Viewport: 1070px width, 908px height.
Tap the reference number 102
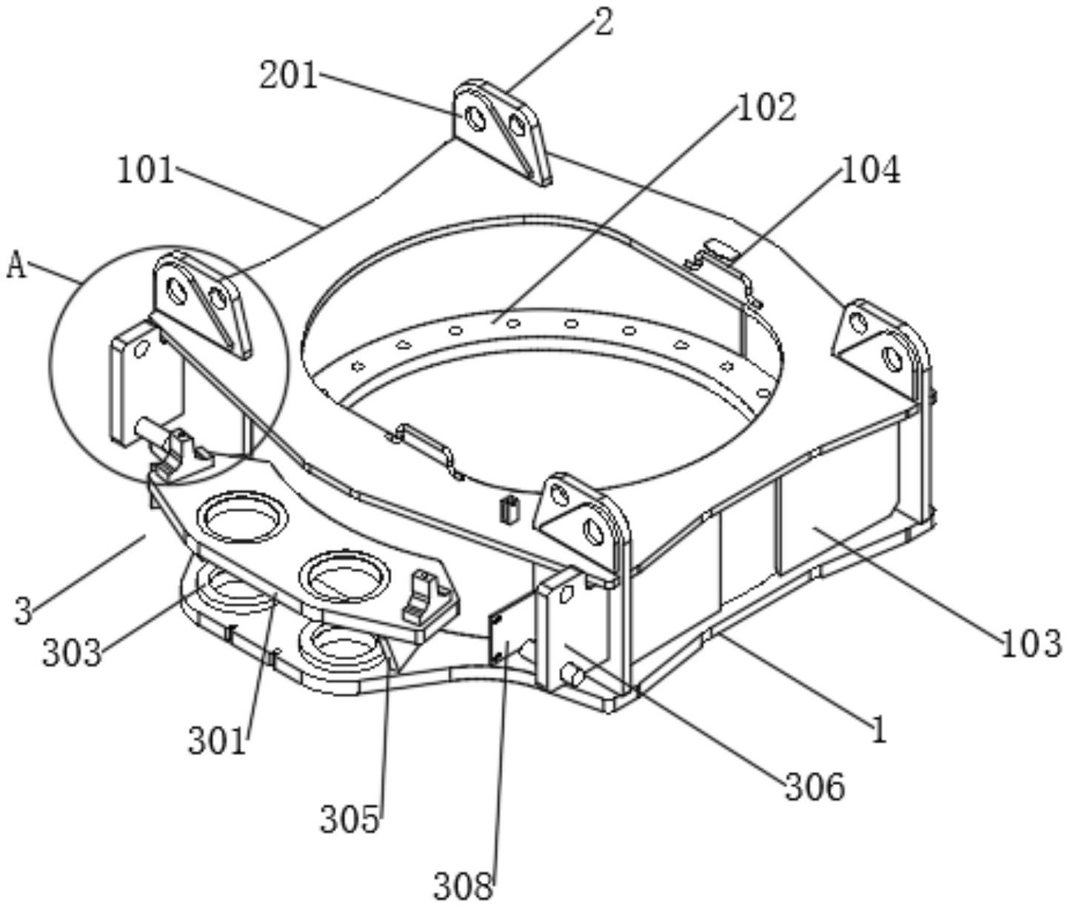click(767, 107)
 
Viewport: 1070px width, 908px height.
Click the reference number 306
click(815, 787)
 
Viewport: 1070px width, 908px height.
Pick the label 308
click(463, 885)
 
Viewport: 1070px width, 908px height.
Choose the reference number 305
click(350, 819)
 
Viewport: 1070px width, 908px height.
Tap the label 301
click(217, 741)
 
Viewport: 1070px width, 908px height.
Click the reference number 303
click(71, 653)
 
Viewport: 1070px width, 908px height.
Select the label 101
click(146, 171)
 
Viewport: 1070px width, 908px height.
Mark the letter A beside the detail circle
click(16, 265)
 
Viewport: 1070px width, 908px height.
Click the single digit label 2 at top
click(604, 22)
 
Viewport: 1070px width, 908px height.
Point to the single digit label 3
click(24, 611)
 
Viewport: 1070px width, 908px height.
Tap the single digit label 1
click(878, 731)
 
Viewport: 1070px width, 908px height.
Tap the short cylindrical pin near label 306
click(571, 674)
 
